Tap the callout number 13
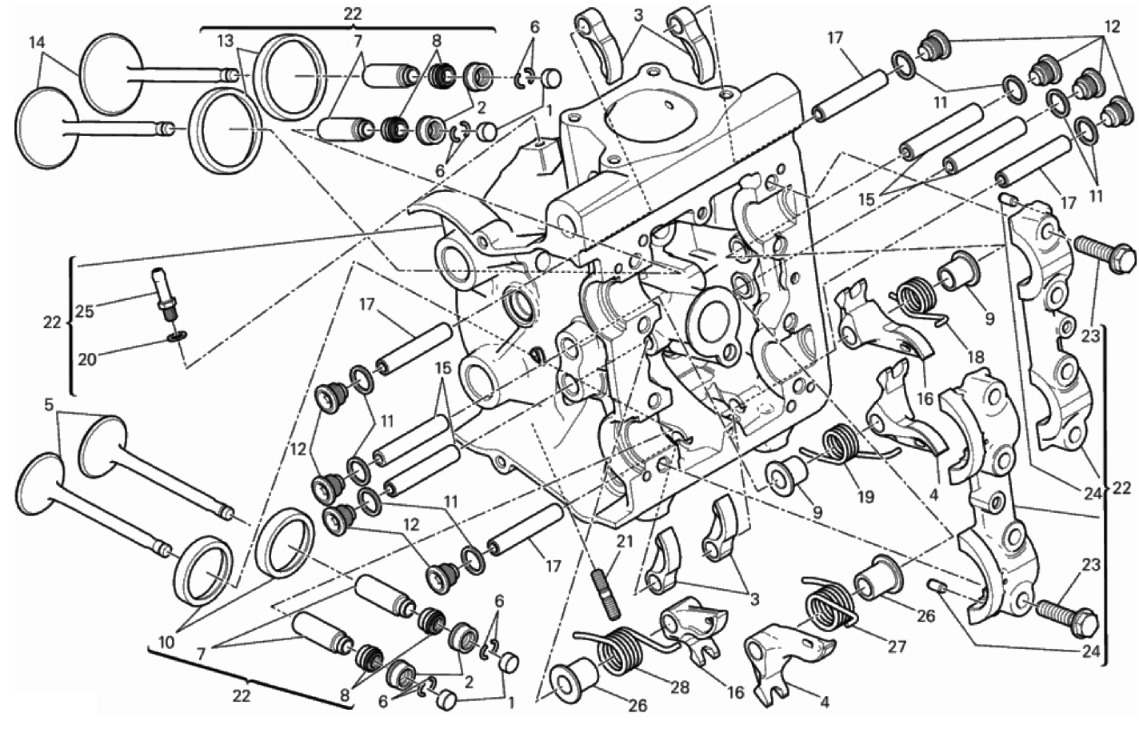tap(227, 42)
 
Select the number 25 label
tap(85, 311)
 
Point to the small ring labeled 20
tap(175, 336)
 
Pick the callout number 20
tap(87, 359)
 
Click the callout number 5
tap(48, 405)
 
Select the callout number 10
tap(166, 643)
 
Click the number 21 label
tap(624, 542)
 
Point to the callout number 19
tap(865, 495)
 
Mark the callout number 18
tap(975, 357)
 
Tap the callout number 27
tap(897, 647)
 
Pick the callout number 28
tap(679, 687)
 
